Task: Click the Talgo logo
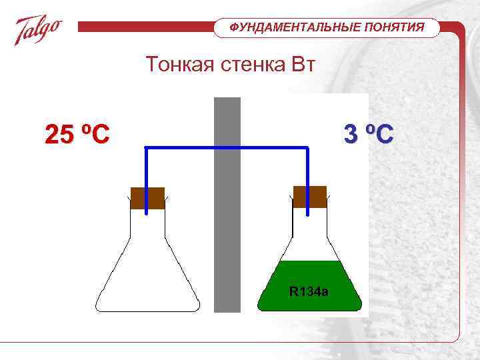click(39, 31)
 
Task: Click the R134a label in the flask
click(309, 291)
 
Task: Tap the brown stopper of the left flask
click(147, 198)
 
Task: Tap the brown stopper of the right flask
click(310, 197)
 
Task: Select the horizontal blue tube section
click(227, 147)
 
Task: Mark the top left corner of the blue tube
click(147, 147)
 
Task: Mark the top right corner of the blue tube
click(307, 147)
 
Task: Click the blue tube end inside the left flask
click(147, 212)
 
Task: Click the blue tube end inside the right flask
click(307, 213)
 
